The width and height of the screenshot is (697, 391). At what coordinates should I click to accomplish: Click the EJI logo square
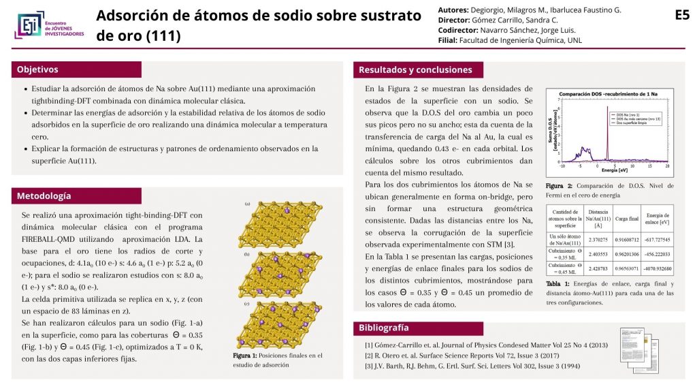point(27,25)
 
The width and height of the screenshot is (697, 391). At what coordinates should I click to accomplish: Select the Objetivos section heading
point(37,69)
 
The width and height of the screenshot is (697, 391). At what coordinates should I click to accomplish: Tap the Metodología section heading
point(44,196)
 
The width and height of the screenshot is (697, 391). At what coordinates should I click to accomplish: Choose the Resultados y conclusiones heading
point(415,69)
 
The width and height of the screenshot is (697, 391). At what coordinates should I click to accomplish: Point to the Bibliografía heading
point(384,328)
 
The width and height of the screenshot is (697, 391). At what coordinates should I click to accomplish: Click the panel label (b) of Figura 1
point(247,254)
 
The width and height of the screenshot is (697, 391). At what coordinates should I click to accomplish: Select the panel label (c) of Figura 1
point(247,304)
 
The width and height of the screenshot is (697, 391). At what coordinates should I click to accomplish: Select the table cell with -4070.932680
point(658,268)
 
